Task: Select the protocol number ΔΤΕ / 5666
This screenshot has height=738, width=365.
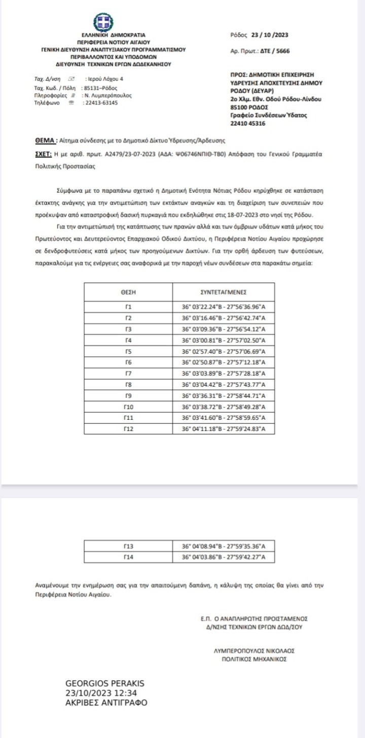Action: (x=274, y=51)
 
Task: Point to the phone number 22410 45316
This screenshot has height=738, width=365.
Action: (x=248, y=123)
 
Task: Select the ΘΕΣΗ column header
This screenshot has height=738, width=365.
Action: (x=128, y=292)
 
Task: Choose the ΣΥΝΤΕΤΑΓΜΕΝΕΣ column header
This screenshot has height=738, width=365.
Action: (x=224, y=292)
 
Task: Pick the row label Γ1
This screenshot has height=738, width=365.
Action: (x=128, y=307)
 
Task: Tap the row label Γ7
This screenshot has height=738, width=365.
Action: (x=128, y=374)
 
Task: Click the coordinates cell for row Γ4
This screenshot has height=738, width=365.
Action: (x=224, y=340)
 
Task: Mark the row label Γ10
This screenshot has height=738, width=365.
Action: (x=128, y=407)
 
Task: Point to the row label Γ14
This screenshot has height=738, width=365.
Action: (x=128, y=557)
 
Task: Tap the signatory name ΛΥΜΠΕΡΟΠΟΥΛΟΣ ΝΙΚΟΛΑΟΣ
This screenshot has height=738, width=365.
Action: (x=254, y=651)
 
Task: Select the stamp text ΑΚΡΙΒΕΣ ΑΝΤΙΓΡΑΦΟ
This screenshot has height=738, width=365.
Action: (x=107, y=703)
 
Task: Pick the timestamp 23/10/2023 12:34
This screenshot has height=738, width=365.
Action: (x=101, y=693)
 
